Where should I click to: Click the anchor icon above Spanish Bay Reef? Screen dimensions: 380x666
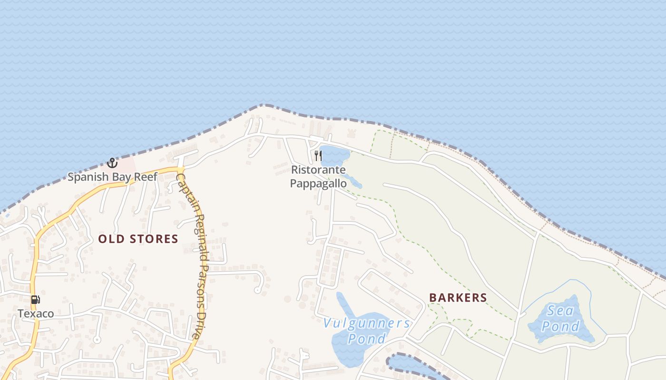click(112, 163)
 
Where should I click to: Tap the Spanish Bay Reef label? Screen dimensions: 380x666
click(112, 177)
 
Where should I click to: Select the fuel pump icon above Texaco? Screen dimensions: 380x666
click(36, 300)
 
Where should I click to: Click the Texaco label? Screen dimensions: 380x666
click(36, 313)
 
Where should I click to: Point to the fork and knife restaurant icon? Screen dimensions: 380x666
click(318, 155)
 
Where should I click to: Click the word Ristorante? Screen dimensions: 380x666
click(318, 170)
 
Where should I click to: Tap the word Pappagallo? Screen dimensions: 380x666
click(318, 183)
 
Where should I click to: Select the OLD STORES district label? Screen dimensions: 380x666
click(138, 239)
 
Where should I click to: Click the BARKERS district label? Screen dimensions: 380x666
click(458, 298)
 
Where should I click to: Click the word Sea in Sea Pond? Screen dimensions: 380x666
click(558, 311)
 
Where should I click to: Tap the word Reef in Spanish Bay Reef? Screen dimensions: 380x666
click(146, 177)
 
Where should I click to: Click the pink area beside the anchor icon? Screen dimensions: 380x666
click(127, 165)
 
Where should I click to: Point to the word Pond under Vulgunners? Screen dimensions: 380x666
click(366, 339)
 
